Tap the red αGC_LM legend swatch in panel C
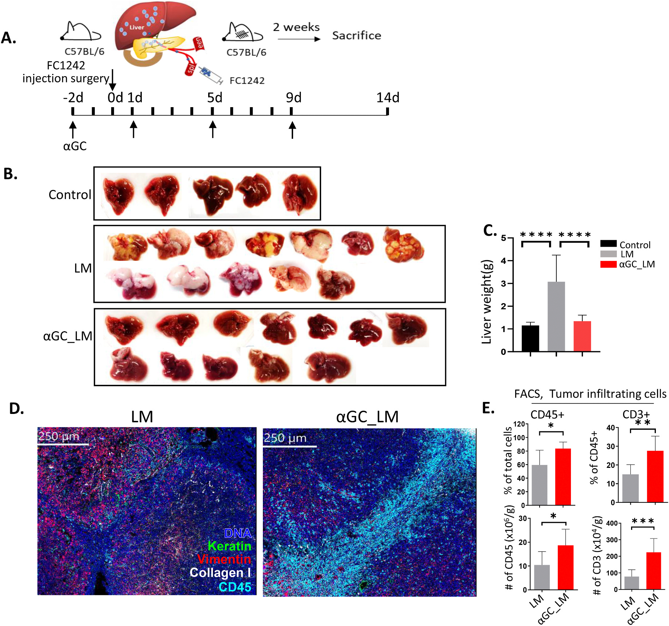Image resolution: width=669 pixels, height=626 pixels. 608,264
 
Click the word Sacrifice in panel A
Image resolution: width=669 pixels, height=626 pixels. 356,35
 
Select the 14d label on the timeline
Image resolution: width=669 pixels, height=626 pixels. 388,98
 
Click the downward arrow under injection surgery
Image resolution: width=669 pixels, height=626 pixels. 113,80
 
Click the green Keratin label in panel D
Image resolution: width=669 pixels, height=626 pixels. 229,546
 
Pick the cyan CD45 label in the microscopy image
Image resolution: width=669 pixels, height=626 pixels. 235,587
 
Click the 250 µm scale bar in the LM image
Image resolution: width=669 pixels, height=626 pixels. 63,444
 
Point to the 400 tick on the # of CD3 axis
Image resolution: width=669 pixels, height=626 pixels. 611,524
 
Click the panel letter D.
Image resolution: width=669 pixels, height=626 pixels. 16,408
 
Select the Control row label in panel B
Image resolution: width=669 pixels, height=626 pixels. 70,195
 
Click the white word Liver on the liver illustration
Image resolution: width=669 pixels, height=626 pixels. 137,27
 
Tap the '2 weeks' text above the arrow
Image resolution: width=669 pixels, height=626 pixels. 296,27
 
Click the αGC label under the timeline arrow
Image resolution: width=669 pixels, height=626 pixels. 75,146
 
